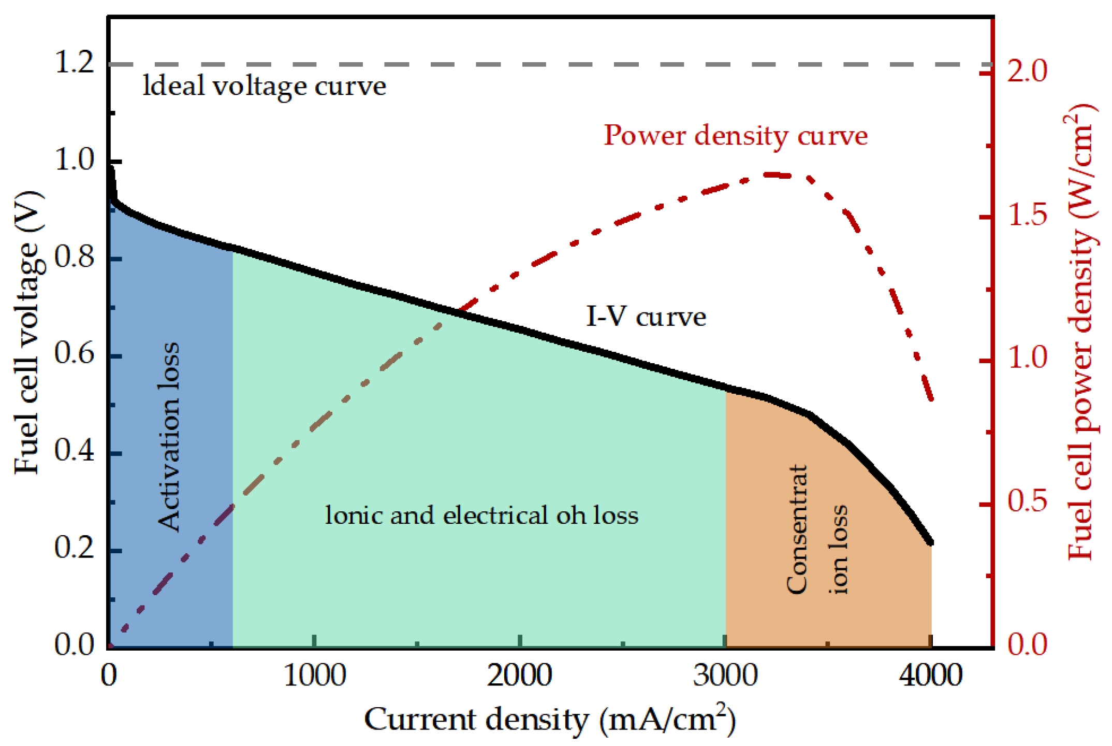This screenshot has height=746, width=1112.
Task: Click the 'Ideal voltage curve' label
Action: [264, 86]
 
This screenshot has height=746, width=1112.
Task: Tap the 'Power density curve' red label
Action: [735, 136]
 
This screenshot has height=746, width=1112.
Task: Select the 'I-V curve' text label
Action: [646, 317]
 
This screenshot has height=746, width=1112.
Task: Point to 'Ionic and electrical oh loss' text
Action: [481, 515]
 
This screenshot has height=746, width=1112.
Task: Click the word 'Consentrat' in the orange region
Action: [796, 529]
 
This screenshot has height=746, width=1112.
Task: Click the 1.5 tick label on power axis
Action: [1027, 216]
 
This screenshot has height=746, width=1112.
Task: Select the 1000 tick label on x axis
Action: [315, 677]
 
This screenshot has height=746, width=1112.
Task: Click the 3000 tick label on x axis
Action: [726, 677]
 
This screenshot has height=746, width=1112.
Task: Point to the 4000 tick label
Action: [930, 677]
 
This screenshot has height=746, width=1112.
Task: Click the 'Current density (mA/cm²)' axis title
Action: [550, 719]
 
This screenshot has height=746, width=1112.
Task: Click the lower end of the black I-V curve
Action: [930, 542]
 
